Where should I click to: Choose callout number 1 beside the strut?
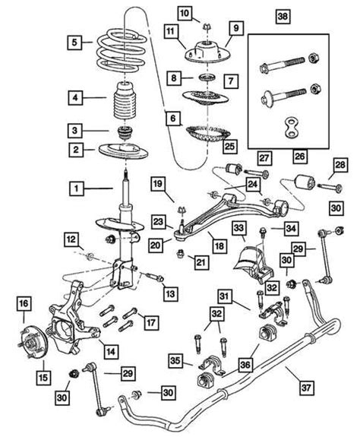[x=75, y=185]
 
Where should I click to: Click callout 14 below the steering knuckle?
[x=110, y=351]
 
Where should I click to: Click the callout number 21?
[x=201, y=263]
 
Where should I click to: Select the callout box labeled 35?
[x=176, y=359]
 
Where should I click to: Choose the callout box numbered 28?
[x=340, y=166]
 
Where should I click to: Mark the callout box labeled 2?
[x=75, y=150]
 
